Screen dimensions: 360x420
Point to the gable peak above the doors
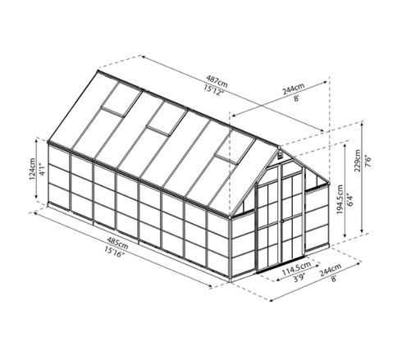279,152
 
